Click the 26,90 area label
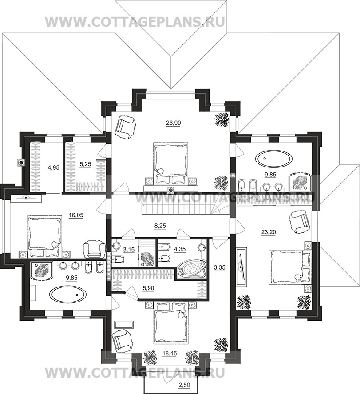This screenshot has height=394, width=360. click(x=173, y=123)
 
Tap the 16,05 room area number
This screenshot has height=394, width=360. click(x=76, y=215)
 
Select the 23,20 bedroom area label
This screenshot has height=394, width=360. click(x=269, y=232)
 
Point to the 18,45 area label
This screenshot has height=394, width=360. click(x=170, y=353)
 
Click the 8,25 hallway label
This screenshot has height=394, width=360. click(x=160, y=226)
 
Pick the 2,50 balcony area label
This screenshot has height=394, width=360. click(x=184, y=385)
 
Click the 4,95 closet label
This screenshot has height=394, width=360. click(x=53, y=168)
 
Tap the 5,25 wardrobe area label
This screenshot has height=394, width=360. click(x=85, y=164)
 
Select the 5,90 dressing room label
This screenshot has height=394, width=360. click(x=148, y=288)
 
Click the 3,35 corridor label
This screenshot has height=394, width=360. click(x=220, y=267)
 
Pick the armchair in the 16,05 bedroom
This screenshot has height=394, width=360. click(x=94, y=249)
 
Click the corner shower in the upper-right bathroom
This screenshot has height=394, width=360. click(x=300, y=181)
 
